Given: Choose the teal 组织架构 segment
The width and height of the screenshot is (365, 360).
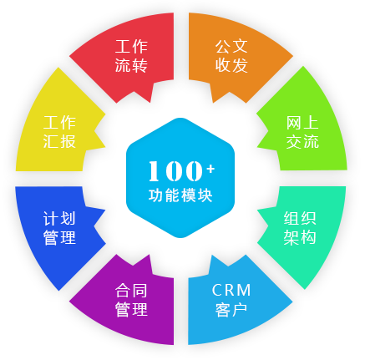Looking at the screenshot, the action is pos(302,228).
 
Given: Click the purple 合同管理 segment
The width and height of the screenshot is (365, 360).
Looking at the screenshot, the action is pos(131,301).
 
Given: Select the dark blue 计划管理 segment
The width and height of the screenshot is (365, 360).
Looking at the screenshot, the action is pos(58,228).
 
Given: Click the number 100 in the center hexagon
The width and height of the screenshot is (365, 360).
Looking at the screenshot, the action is pos(175,170).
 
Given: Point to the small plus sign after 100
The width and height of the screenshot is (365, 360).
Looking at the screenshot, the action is pos(210,169).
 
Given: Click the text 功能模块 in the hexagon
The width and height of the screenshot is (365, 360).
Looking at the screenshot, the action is pos(180,195).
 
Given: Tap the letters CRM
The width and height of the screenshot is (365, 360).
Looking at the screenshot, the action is pos(231,290).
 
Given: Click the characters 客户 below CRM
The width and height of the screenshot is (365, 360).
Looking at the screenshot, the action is pos(231,309).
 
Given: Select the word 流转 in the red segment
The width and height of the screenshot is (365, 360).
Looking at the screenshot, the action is pos(131,65).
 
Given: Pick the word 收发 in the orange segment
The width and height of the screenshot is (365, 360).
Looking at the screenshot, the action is pos(231,65).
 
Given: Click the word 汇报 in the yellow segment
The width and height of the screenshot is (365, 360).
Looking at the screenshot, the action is pos(59,141).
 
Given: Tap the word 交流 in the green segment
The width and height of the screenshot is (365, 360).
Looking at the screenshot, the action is pos(302,141).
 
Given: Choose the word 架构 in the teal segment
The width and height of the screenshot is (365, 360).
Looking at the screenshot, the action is pos(300,237).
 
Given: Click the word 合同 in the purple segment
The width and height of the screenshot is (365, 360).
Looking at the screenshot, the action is pos(131,290).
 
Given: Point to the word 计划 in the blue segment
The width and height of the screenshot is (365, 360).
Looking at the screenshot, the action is pos(59,219).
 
